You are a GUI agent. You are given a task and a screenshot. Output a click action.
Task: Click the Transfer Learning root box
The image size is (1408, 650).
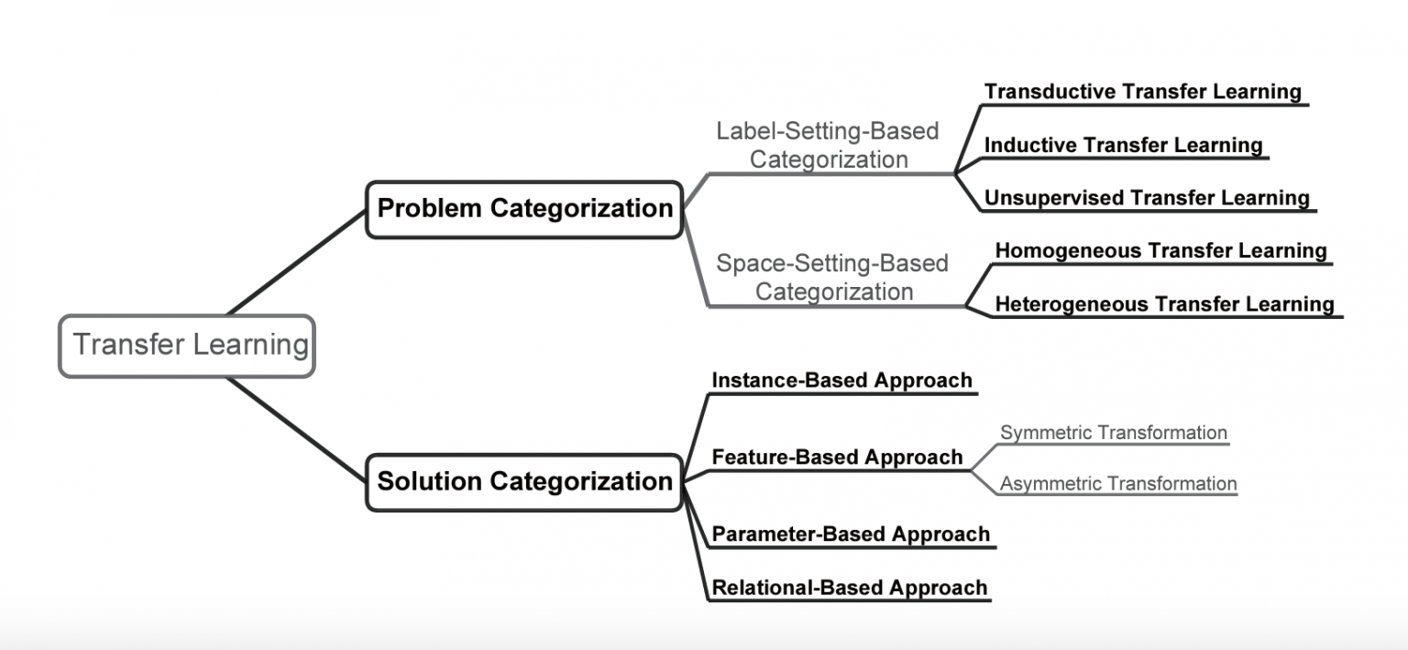click(187, 346)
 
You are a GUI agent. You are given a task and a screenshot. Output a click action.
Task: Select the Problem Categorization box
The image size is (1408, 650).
click(524, 209)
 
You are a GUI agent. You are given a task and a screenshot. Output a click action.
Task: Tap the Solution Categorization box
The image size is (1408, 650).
click(524, 482)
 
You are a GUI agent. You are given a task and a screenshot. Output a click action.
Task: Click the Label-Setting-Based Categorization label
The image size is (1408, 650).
click(828, 145)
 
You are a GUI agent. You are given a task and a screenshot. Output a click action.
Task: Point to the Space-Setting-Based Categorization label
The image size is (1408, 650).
click(832, 278)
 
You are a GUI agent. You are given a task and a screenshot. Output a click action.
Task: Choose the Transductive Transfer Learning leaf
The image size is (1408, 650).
click(1142, 92)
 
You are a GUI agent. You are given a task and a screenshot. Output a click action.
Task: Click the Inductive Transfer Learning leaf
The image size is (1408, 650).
click(1123, 145)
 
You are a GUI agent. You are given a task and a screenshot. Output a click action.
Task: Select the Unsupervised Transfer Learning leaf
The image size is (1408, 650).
click(1147, 198)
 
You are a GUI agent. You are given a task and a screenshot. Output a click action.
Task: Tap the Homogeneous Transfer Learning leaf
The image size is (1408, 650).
click(1160, 251)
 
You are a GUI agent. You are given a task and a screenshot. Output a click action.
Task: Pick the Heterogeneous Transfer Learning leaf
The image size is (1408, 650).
click(1164, 303)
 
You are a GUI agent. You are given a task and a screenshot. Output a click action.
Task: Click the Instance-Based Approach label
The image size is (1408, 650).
click(841, 380)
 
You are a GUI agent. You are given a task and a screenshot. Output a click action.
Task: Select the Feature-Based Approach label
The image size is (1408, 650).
click(837, 457)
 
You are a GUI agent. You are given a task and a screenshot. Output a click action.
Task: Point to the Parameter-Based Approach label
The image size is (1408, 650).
click(851, 534)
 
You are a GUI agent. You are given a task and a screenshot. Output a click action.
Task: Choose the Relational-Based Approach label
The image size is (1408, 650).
click(850, 588)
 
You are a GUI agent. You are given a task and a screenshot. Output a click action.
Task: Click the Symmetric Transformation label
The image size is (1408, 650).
click(1113, 433)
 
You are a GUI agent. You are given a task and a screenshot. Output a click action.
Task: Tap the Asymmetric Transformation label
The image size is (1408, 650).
click(1118, 484)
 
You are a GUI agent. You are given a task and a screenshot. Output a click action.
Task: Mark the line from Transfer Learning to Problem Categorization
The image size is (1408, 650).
click(296, 262)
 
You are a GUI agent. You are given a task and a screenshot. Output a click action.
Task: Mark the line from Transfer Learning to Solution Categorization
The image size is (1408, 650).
click(296, 429)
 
